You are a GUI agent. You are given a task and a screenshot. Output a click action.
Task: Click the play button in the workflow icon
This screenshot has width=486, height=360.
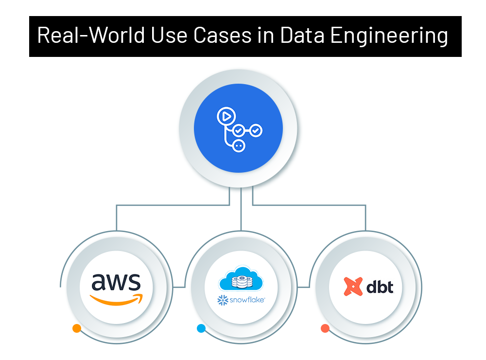pos(225,117)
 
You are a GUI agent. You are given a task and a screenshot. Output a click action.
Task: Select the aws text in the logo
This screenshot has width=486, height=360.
pos(116,281)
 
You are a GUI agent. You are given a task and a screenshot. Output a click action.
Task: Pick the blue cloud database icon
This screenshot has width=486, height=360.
pos(241,279)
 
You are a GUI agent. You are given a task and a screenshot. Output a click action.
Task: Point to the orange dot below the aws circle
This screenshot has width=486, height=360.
pos(76,328)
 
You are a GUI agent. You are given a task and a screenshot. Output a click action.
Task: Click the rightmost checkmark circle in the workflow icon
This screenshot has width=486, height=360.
pos(256,130)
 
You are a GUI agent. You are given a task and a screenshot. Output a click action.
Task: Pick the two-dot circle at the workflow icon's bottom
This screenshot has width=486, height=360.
pos(238,145)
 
